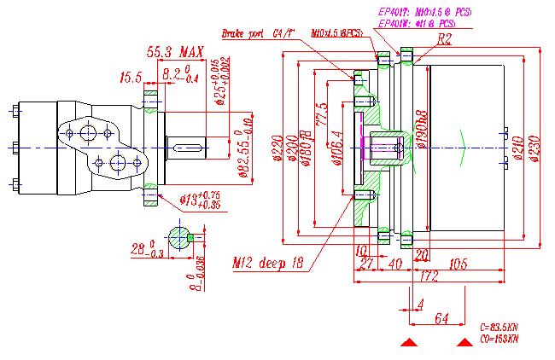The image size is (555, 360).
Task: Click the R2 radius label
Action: [444, 40]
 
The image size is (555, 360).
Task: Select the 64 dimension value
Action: [441, 318]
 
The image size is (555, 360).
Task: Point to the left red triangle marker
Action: [410, 343]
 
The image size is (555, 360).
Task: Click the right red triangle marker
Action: [464, 343]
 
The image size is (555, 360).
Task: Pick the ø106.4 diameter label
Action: [339, 146]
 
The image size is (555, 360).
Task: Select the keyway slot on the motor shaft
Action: [189, 149]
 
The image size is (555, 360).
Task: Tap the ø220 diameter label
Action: [277, 150]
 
